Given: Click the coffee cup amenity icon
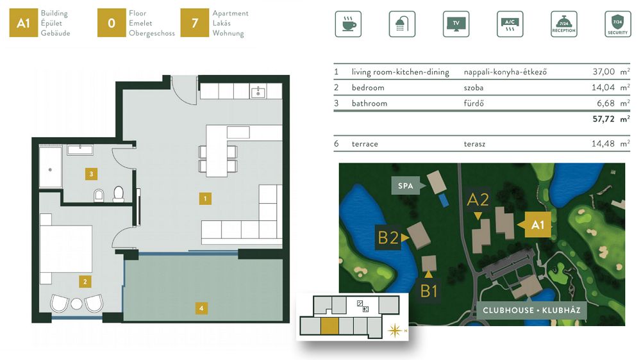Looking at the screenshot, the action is tap(348, 24).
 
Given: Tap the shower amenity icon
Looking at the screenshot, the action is tap(402, 24).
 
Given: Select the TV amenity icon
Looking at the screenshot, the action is tap(456, 24).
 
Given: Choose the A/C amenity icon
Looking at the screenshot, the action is tap(510, 24).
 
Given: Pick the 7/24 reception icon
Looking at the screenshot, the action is tap(563, 24).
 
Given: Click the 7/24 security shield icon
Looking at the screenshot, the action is tap(618, 24).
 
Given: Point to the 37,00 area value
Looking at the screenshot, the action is tap(603, 72).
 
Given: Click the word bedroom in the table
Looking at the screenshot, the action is tap(368, 88).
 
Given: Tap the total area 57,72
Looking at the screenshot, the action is tap(603, 119).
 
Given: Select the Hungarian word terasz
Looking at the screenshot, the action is tap(474, 144).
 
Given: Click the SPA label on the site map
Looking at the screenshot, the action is tap(406, 186).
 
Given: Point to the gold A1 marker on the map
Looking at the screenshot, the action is tap(537, 225).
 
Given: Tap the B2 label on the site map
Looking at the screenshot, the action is tap(388, 238).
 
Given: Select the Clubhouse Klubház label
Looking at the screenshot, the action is tap(531, 310).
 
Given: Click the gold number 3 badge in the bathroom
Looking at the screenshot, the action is tap(91, 174).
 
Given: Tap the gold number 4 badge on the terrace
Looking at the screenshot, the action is tap(201, 308).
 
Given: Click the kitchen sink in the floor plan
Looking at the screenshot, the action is tap(258, 92).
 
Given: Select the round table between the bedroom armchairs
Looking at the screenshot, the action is tap(76, 304).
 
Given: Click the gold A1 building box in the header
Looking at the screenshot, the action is tap(23, 23).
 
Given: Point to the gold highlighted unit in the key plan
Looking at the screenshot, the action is tap(329, 327).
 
